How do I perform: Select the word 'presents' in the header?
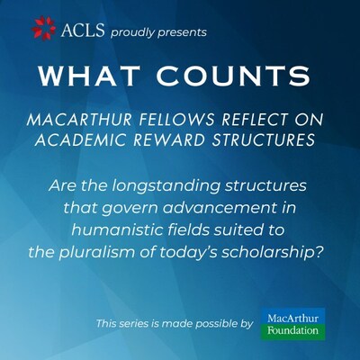tap(186, 32)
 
